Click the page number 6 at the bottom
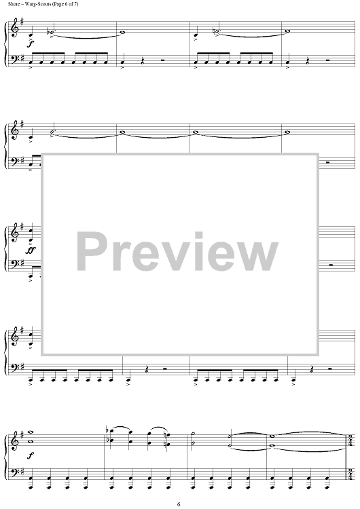click(179, 504)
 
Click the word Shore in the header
click(12, 4)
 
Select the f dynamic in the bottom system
click(31, 456)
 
